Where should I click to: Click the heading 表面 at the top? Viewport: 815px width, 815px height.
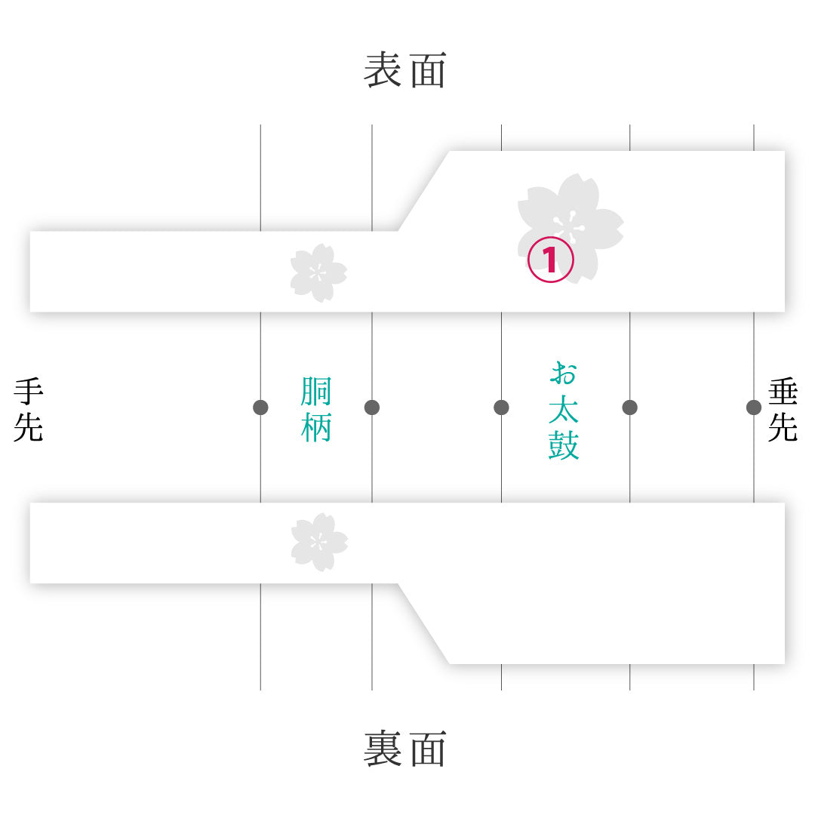pos(405,69)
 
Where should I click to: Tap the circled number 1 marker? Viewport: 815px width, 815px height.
pos(550,260)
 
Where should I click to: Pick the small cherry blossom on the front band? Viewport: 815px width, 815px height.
pos(318,272)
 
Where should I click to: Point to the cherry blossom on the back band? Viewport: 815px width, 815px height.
pos(319,542)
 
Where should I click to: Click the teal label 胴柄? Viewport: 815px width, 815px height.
pos(316,409)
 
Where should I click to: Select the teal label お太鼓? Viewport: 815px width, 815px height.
pos(564,411)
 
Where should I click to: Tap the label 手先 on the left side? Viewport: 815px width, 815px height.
pos(29,410)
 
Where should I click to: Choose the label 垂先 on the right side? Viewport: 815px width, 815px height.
pos(783,410)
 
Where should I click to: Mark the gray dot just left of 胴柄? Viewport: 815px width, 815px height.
pos(260,407)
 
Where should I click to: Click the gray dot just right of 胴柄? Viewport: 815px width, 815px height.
pos(372,407)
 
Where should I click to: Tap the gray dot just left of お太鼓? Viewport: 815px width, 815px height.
pos(502,407)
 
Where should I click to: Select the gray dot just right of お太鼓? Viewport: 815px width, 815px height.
pos(630,407)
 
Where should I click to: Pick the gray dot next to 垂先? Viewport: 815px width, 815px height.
pos(754,407)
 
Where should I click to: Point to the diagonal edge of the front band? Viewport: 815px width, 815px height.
pos(423,191)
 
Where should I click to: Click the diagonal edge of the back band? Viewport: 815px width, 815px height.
pos(423,624)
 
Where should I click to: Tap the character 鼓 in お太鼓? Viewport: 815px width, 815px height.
pos(564,445)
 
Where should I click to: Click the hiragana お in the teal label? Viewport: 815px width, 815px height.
pos(564,374)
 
